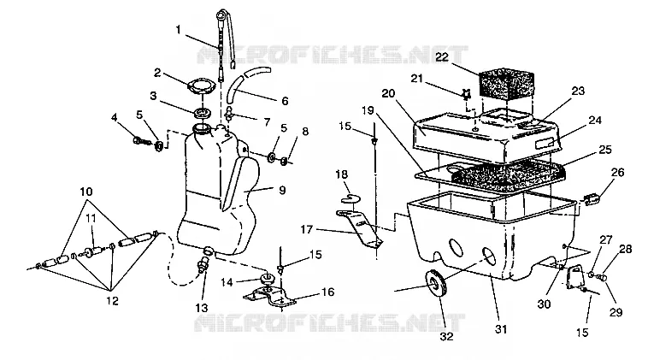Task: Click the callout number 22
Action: [x=442, y=57]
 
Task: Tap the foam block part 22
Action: [x=506, y=86]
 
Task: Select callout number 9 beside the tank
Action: [x=282, y=190]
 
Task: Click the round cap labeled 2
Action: [x=201, y=87]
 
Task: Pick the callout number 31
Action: [x=501, y=329]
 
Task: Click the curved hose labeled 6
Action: [x=244, y=84]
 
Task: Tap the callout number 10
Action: [x=86, y=192]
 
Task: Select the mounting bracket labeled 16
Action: [x=269, y=296]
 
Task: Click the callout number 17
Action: [x=306, y=228]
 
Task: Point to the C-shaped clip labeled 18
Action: [x=351, y=198]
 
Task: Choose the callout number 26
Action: [x=617, y=173]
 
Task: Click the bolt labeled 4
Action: [x=143, y=141]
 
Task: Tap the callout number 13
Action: [x=202, y=308]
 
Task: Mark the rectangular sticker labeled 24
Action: [x=545, y=144]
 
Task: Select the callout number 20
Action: [x=388, y=93]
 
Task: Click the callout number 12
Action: [x=112, y=300]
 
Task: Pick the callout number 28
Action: [x=626, y=249]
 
